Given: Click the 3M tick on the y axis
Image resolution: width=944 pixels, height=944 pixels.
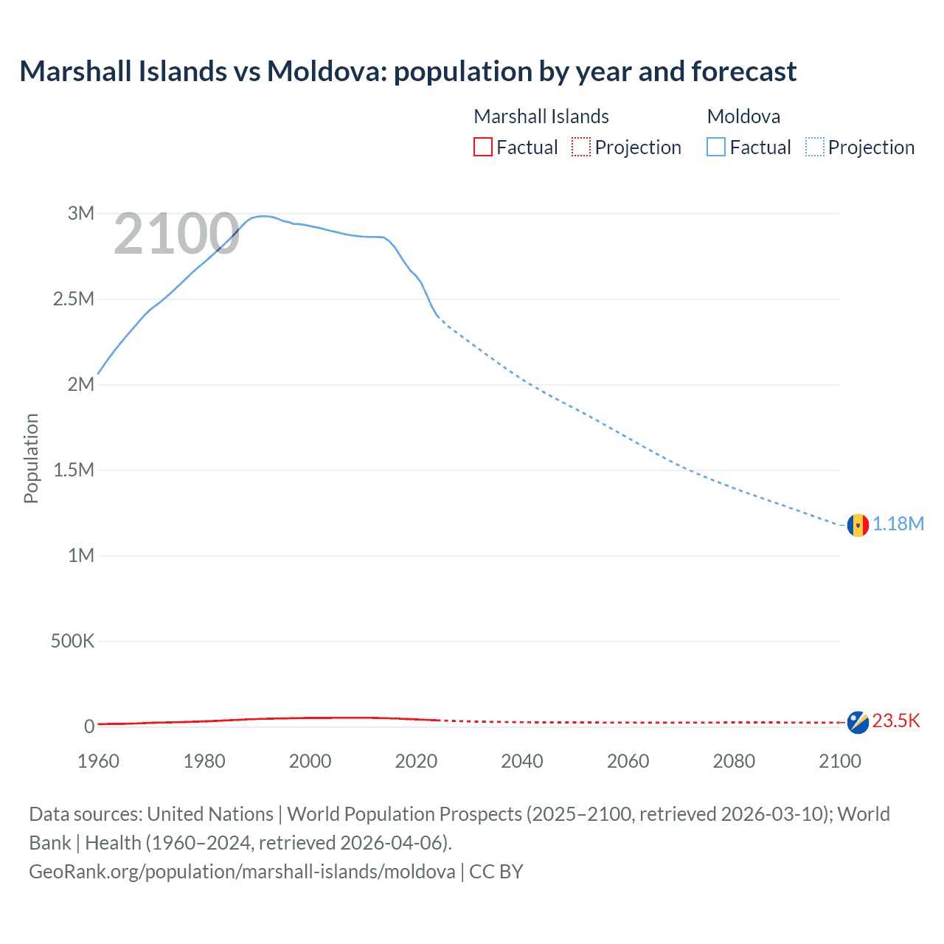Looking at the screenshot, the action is (81, 213).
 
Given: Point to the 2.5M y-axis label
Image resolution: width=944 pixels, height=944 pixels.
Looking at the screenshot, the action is (74, 299).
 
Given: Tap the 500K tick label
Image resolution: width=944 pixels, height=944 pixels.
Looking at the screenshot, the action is (72, 641).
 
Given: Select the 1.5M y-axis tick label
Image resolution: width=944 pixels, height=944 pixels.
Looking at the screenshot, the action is (74, 470).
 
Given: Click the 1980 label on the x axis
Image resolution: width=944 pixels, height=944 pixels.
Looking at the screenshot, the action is (204, 761).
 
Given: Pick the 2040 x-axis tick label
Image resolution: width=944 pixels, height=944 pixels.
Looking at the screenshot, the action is (522, 761).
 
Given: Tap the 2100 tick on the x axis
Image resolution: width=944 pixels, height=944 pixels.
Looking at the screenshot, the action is (839, 761).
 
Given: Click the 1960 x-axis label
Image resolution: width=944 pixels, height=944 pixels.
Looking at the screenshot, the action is (98, 761).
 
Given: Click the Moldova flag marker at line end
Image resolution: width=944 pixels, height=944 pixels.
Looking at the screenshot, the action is (858, 525).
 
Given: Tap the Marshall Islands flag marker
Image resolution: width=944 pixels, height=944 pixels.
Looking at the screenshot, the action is (858, 722).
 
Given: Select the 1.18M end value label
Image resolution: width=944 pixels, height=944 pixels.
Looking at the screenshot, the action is (898, 524).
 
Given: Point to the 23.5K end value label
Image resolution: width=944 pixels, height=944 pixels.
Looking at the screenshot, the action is (896, 721).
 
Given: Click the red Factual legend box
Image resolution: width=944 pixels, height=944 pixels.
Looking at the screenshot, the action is (483, 147).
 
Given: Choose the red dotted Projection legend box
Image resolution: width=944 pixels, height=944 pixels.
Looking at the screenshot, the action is (581, 147).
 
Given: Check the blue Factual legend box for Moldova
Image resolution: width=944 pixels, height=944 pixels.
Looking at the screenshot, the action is (716, 147).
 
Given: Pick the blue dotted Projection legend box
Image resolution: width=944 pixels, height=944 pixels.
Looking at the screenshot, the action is (815, 147).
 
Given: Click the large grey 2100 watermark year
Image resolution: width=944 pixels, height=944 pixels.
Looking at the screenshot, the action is (176, 235).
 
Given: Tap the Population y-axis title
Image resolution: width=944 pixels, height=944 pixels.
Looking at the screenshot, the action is (31, 458).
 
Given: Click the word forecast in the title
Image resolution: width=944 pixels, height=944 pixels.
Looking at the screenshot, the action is (744, 72).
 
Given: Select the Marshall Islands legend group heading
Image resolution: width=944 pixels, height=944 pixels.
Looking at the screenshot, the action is (541, 117).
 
